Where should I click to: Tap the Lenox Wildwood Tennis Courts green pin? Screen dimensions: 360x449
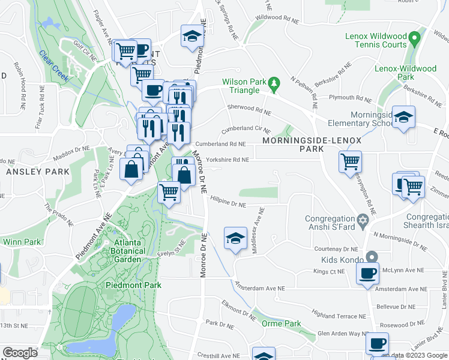414,41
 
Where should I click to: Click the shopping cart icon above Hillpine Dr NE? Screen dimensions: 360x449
169,192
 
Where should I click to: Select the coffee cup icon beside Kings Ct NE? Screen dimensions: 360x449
367,273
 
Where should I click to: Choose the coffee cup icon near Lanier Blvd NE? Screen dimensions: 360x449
376,343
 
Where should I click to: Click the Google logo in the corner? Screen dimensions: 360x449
19,353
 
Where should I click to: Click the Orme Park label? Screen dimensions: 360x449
282,323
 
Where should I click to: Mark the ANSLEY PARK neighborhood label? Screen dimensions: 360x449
37,172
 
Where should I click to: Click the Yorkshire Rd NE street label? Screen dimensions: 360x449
227,160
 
